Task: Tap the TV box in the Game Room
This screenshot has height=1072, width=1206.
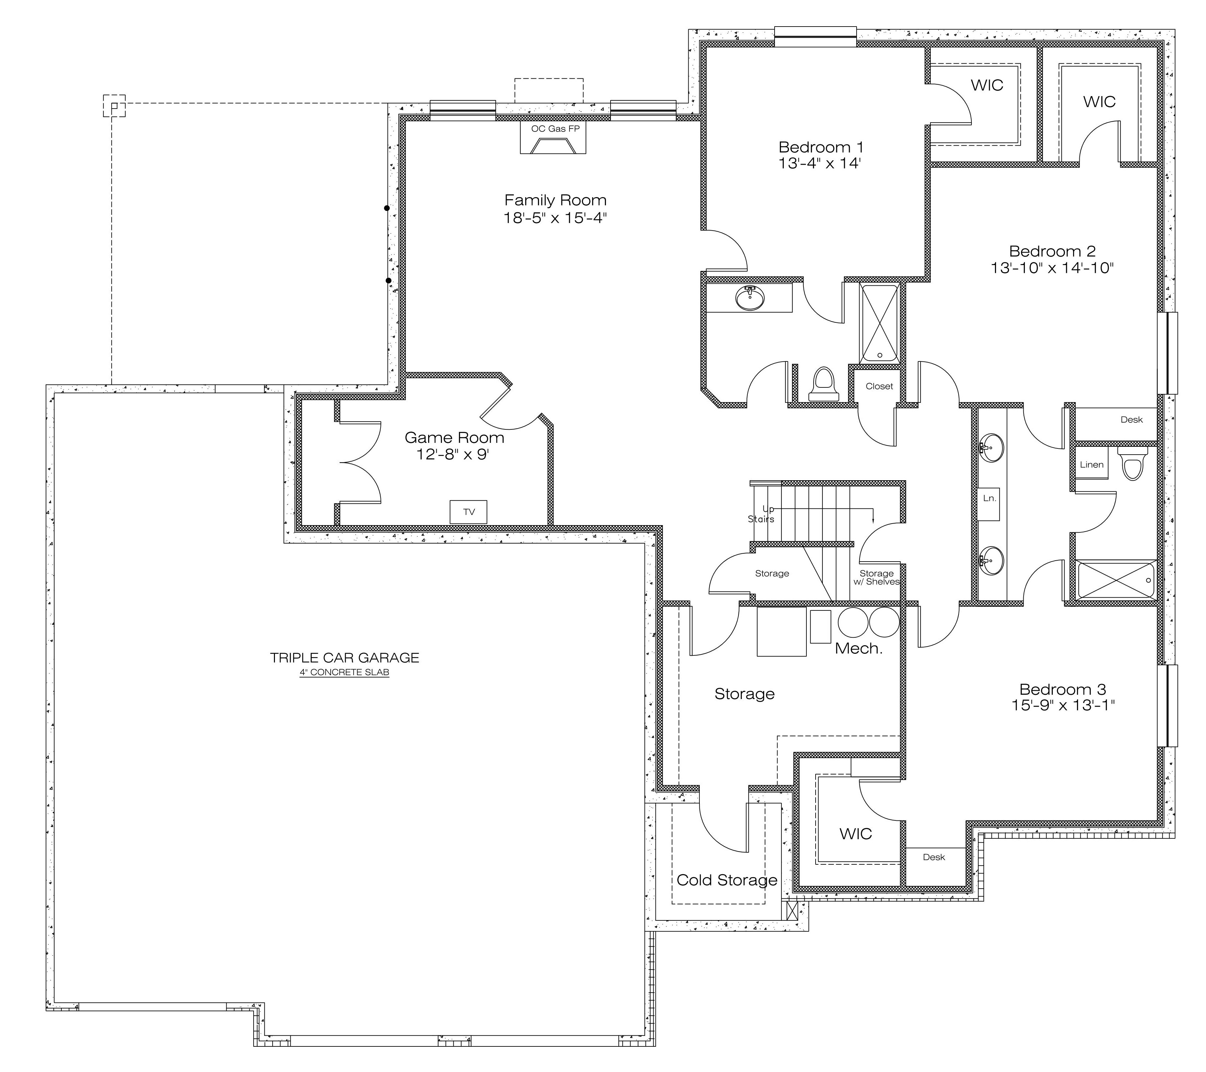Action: [x=468, y=511]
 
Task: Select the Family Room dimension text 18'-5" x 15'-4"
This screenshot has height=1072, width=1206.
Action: [x=555, y=218]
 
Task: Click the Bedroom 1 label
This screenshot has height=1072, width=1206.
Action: [x=821, y=147]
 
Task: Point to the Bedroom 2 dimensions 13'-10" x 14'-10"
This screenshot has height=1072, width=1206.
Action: [x=1052, y=268]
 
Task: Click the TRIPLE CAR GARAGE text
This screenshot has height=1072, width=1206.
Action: [x=344, y=658]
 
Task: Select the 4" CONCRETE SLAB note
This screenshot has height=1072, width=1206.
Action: [x=344, y=672]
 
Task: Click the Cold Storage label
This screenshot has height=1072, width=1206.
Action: [x=727, y=880]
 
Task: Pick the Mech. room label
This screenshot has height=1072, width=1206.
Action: [x=859, y=649]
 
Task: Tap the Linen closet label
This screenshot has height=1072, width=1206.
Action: [x=1092, y=464]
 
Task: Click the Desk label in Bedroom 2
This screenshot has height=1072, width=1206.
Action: [x=1132, y=420]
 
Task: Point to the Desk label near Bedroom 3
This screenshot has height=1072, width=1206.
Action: [x=934, y=857]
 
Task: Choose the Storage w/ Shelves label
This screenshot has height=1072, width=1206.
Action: [x=877, y=578]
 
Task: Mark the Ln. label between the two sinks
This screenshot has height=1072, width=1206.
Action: [x=989, y=498]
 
